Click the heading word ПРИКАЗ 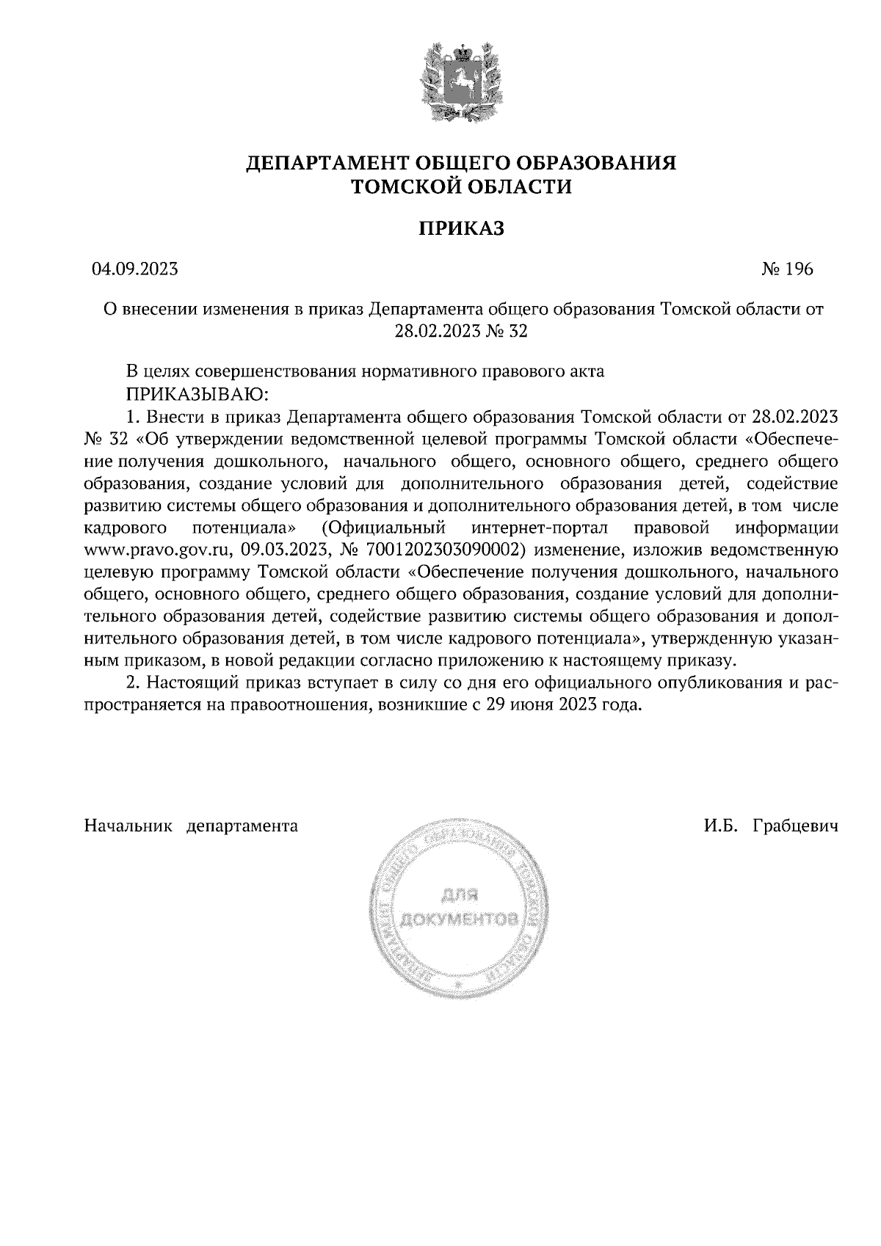[x=461, y=229]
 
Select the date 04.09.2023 [x=134, y=269]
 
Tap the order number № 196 [x=787, y=269]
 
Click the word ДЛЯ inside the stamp [x=460, y=895]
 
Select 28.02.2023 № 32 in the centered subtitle [x=461, y=332]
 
